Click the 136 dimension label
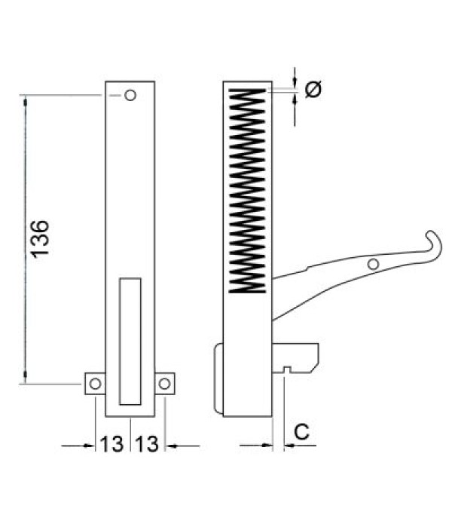[x=41, y=239]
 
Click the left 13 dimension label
[x=111, y=445]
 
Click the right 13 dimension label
[x=148, y=445]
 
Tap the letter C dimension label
[x=301, y=433]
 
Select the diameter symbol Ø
[x=314, y=89]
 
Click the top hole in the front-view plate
[x=130, y=96]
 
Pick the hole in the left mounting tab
[x=95, y=384]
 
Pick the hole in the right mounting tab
[x=164, y=384]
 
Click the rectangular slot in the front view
[x=130, y=339]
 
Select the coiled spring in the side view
[x=248, y=188]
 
